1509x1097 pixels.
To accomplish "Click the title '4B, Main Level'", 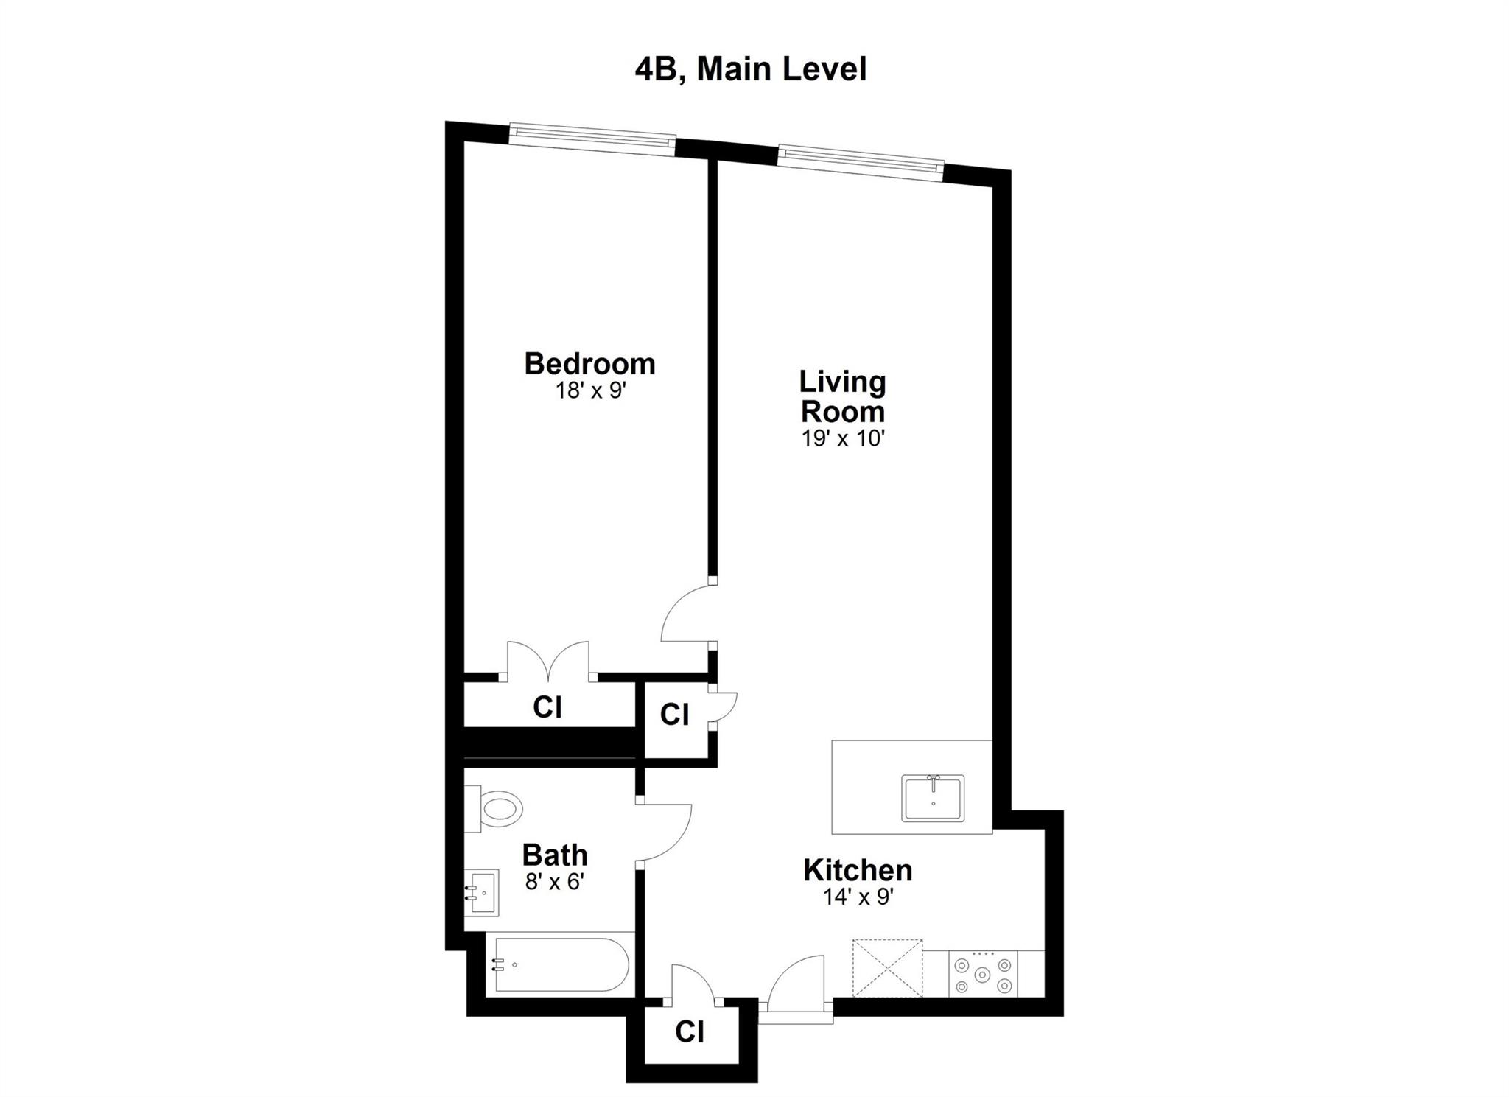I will [750, 69].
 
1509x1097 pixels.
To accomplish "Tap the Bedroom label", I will [589, 364].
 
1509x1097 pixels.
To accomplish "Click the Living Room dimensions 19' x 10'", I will [842, 439].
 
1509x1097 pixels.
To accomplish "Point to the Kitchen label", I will [857, 870].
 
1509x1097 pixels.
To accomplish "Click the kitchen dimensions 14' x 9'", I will [858, 897].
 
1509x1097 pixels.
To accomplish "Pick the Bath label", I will [554, 855].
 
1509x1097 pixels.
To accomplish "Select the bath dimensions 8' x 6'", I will [554, 881].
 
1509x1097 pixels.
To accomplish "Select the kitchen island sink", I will [933, 799].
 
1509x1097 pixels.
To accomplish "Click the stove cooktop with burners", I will [982, 974].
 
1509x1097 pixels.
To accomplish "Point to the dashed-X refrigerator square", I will [887, 968].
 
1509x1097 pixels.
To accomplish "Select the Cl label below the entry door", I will [690, 1032].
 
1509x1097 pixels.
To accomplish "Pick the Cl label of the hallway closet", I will [674, 715].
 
